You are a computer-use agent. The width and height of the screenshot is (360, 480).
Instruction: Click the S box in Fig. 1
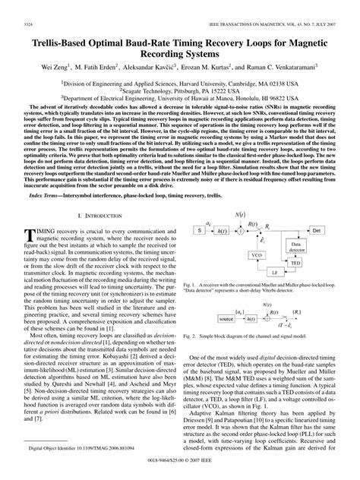199,230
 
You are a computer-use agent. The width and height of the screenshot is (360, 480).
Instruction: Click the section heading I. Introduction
96,216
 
